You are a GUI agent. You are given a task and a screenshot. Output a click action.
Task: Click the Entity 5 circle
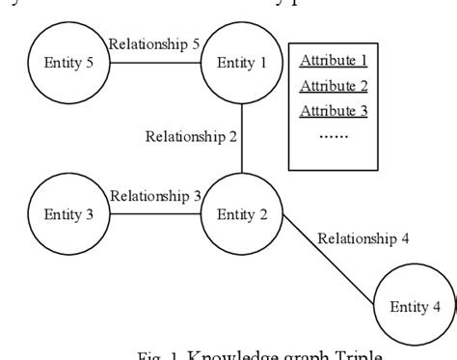click(70, 64)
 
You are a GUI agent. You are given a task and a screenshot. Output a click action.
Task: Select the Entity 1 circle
click(240, 64)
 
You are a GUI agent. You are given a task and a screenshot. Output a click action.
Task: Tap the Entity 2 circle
click(240, 213)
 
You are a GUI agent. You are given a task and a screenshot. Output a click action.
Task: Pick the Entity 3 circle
click(70, 213)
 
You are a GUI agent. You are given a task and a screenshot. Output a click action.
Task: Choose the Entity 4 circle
click(414, 307)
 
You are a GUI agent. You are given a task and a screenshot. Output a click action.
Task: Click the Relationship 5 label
click(155, 43)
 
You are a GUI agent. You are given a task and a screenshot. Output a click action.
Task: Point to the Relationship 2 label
click(191, 135)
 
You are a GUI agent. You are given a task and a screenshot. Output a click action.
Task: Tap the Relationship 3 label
click(155, 195)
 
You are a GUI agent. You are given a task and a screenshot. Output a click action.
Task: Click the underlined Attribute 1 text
click(334, 60)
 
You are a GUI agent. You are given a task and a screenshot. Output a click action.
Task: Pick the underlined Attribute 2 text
click(334, 85)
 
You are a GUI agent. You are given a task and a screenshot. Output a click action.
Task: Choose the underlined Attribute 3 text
click(334, 110)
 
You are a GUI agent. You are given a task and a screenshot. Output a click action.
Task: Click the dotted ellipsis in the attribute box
click(334, 135)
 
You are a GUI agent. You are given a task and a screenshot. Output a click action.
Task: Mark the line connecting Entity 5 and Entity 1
click(155, 65)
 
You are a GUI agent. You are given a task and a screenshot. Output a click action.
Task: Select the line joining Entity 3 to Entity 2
click(155, 214)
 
